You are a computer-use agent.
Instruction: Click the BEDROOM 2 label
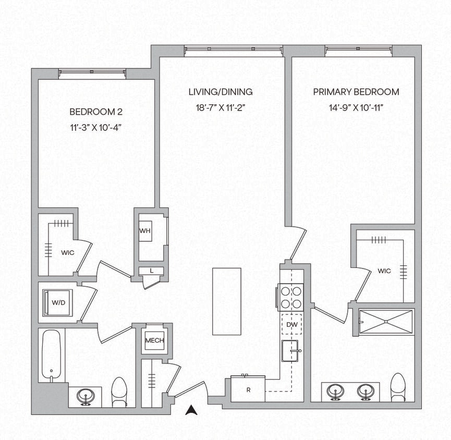(96, 112)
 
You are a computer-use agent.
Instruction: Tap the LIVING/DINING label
(221, 92)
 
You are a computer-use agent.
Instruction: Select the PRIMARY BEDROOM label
(356, 92)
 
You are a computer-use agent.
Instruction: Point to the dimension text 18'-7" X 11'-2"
(221, 107)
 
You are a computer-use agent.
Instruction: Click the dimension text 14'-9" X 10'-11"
(356, 107)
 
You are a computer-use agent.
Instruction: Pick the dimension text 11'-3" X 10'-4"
(96, 127)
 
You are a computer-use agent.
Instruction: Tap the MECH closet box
(154, 340)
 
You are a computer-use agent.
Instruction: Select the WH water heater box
(144, 230)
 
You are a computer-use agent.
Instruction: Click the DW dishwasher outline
(291, 325)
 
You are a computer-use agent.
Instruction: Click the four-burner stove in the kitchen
(291, 297)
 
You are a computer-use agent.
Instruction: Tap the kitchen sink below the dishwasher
(291, 351)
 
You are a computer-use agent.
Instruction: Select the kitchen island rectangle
(227, 301)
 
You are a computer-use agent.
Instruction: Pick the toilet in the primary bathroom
(398, 387)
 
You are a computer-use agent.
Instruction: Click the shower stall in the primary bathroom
(386, 322)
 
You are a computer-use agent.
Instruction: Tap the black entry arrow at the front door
(192, 411)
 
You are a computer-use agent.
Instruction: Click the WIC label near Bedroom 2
(67, 252)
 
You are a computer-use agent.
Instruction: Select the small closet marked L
(151, 271)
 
